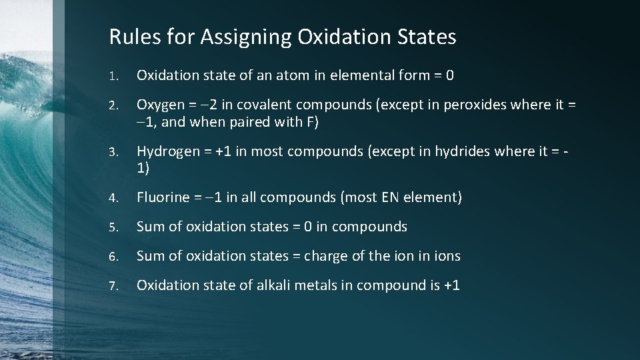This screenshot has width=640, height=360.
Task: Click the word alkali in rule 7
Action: click(x=275, y=285)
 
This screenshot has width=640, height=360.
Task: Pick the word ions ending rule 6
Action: click(x=447, y=256)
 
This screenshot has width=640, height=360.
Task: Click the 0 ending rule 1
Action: click(x=450, y=75)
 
